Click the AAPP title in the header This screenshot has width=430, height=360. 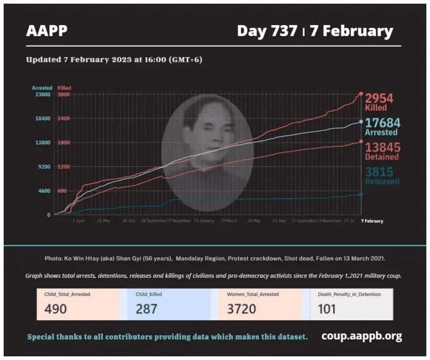(47, 31)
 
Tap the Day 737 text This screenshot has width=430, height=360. (267, 31)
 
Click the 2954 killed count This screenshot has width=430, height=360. (379, 98)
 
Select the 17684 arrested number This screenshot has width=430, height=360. (382, 123)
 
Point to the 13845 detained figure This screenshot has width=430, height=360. (382, 147)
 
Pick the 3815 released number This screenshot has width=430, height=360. (379, 172)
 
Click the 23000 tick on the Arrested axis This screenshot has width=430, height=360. (42, 94)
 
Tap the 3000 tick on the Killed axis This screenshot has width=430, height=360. (63, 94)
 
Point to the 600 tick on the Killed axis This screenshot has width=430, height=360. (62, 191)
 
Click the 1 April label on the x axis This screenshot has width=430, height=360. (78, 221)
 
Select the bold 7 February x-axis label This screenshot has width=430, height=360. (372, 221)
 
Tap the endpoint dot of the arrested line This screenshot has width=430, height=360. (361, 122)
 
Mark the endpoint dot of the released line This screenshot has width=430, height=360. (361, 194)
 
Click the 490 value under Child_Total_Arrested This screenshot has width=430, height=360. (56, 309)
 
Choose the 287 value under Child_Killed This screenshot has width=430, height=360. (147, 309)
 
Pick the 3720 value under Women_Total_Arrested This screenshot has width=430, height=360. (242, 309)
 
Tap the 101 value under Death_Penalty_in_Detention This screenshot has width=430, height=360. (327, 309)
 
